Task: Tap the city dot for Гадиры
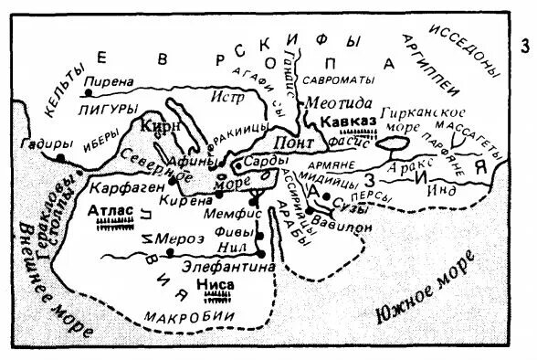tap(60, 158)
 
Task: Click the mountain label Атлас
tap(109, 210)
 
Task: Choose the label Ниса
tap(216, 285)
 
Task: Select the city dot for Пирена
tap(88, 92)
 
